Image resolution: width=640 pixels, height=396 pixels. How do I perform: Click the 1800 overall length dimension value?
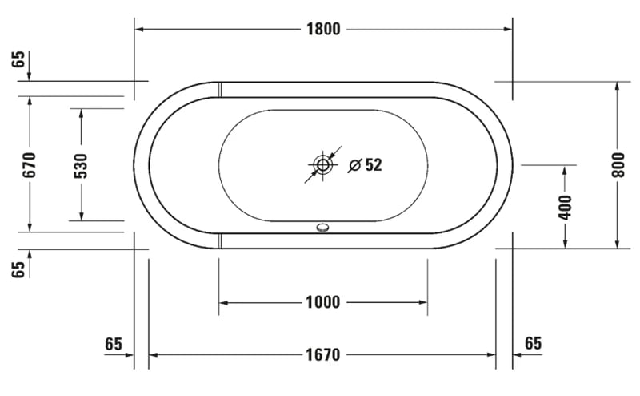(x=323, y=30)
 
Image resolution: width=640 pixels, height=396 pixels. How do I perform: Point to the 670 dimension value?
(x=30, y=164)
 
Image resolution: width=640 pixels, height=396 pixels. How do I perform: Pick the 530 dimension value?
(x=81, y=164)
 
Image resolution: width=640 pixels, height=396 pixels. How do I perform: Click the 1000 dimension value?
(x=323, y=302)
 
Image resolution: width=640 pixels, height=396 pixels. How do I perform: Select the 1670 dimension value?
(x=323, y=354)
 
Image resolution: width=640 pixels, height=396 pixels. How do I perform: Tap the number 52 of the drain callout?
(x=374, y=165)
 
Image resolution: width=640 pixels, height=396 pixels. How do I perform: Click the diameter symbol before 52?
(x=354, y=165)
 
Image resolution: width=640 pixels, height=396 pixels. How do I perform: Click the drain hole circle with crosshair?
(x=323, y=165)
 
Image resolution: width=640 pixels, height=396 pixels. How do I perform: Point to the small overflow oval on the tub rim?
(x=323, y=228)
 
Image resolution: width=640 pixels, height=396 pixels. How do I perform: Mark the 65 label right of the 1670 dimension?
(x=533, y=343)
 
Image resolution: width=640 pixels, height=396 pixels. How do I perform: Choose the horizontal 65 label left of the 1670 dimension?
(x=114, y=343)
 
